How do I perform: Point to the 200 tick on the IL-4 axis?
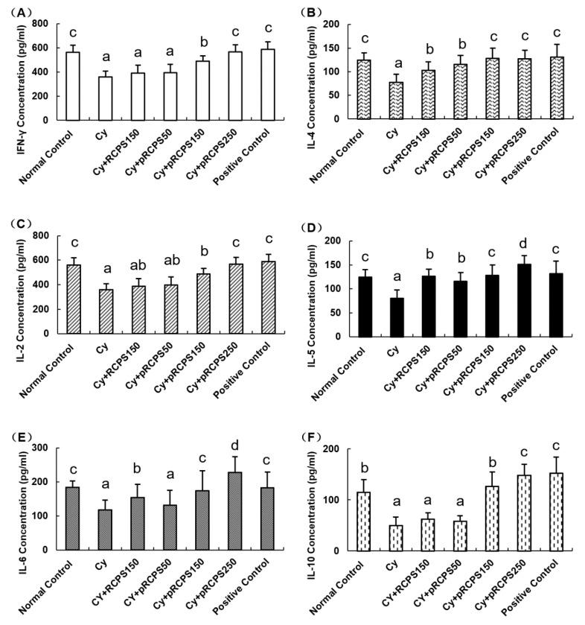coord(337,25)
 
